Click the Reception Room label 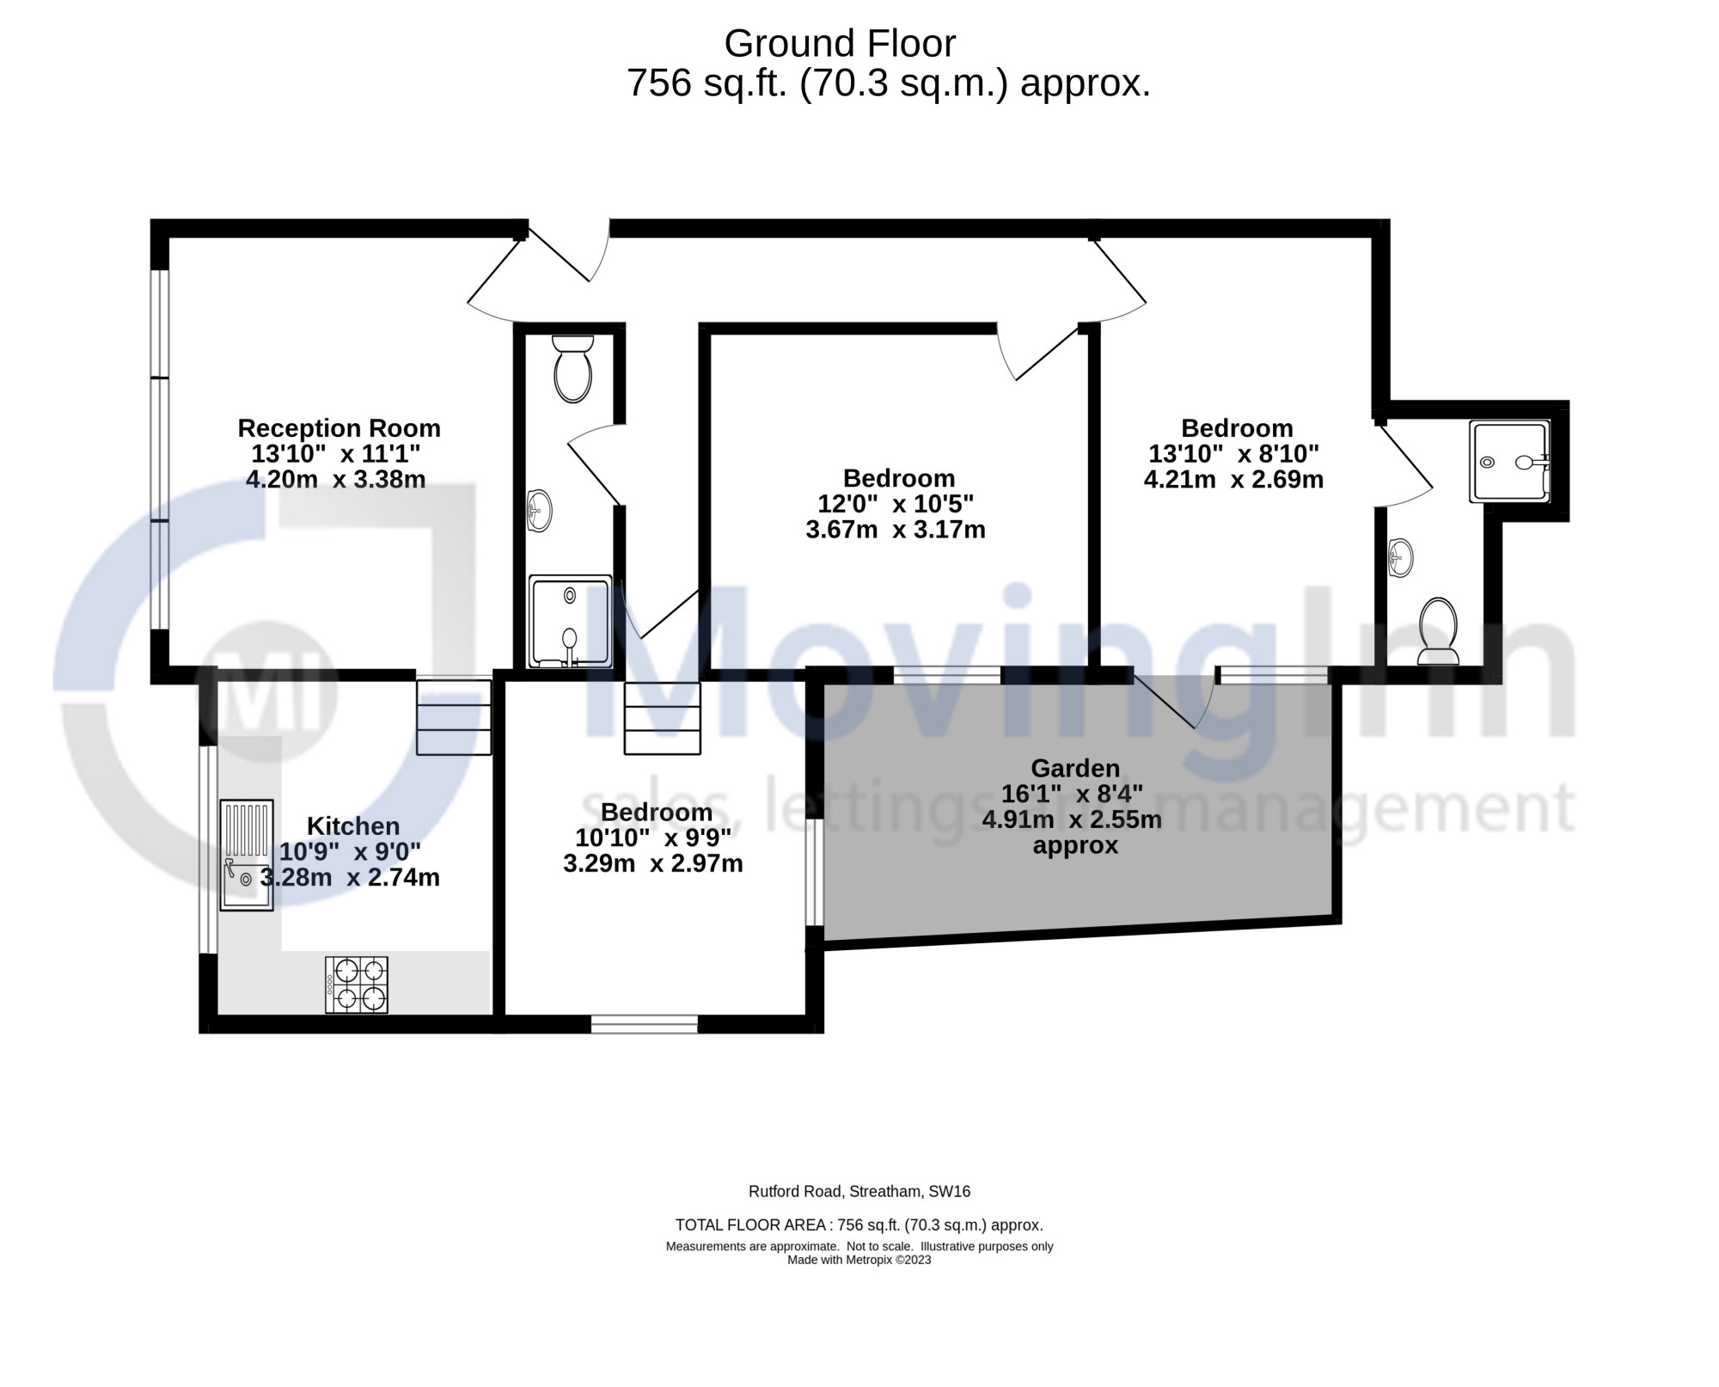339,428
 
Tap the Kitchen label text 353,826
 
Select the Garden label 1075,768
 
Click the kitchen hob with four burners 357,985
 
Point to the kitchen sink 247,855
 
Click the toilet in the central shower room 572,368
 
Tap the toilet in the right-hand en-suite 1438,631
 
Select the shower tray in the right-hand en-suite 1510,461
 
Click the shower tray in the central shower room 571,621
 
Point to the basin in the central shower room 538,511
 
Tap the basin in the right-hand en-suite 1400,557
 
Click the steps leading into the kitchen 454,717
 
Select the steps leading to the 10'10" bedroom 662,718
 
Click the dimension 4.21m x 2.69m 1233,479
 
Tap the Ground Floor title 840,44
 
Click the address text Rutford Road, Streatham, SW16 859,1192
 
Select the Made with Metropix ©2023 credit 859,1261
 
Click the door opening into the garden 1174,699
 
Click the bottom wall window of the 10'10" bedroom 644,1023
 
